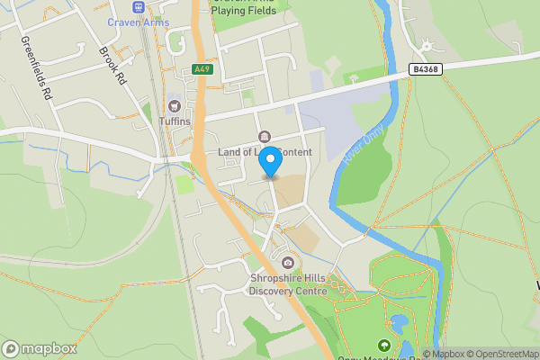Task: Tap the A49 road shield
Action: pyautogui.click(x=202, y=69)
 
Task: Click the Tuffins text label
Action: pyautogui.click(x=175, y=121)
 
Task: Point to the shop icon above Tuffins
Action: pyautogui.click(x=175, y=106)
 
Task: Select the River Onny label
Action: pyautogui.click(x=363, y=143)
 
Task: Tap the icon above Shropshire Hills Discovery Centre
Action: pyautogui.click(x=288, y=262)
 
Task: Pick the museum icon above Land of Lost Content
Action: pyautogui.click(x=265, y=137)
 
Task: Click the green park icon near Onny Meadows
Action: pyautogui.click(x=384, y=345)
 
